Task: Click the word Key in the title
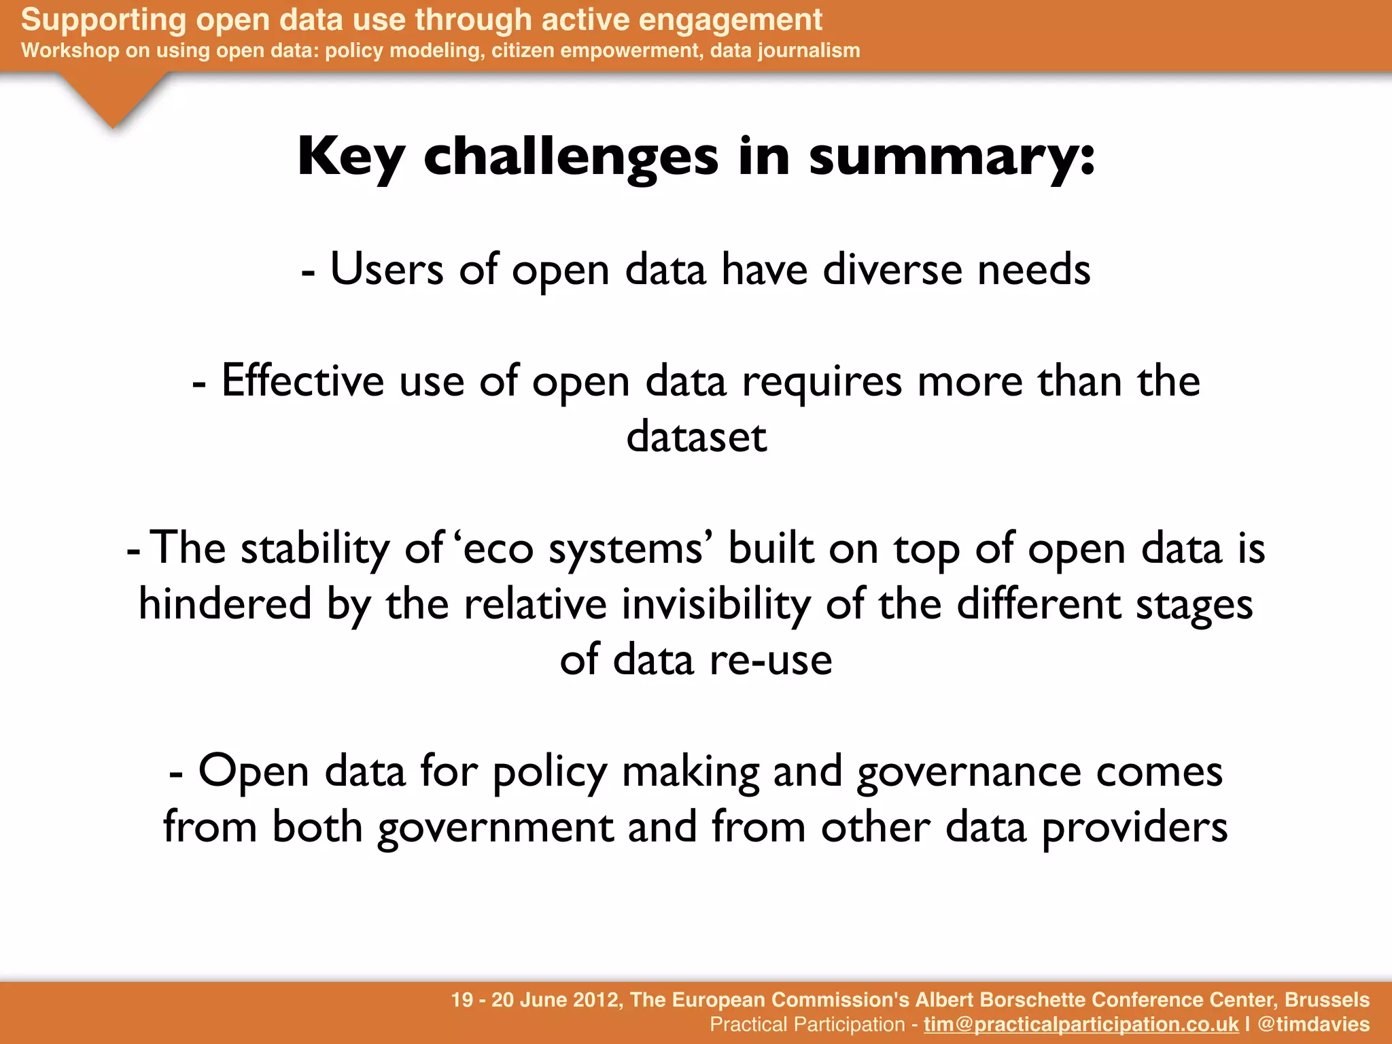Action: tap(351, 158)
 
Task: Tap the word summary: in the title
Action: tap(952, 158)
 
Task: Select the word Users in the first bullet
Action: tap(386, 270)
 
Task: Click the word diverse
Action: tap(892, 270)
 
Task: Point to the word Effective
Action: tap(302, 381)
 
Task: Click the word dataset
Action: tap(696, 437)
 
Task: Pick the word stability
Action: tap(315, 549)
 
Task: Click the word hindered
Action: tap(225, 604)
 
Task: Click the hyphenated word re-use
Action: tap(771, 660)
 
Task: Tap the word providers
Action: tap(1134, 828)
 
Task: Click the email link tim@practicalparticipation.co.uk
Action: tap(1081, 1024)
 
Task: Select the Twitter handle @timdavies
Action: tap(1313, 1024)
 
